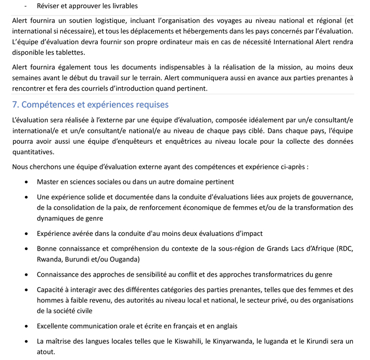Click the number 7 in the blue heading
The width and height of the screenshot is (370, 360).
(15, 105)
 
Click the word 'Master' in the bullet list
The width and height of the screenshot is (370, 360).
(48, 182)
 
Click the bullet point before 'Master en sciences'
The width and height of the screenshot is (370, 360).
(27, 182)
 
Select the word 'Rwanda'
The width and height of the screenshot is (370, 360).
(49, 258)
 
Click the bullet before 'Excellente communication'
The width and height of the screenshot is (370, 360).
(27, 327)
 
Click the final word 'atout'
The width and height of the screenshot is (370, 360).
(46, 352)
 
